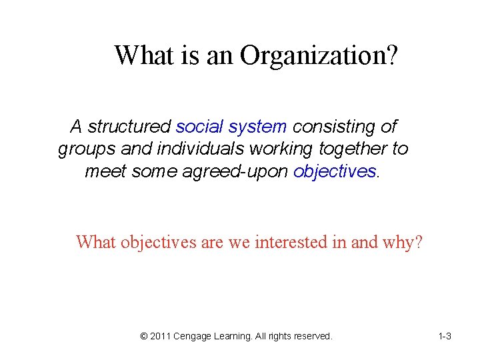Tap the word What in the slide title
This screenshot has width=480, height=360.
pos(144,55)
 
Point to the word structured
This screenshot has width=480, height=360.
pos(129,126)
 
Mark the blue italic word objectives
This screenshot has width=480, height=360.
pos(335,171)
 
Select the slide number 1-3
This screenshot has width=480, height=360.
pos(445,337)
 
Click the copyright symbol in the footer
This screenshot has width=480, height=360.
pos(144,337)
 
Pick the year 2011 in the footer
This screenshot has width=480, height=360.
pos(160,337)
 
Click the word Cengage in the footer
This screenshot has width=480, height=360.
pos(192,337)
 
